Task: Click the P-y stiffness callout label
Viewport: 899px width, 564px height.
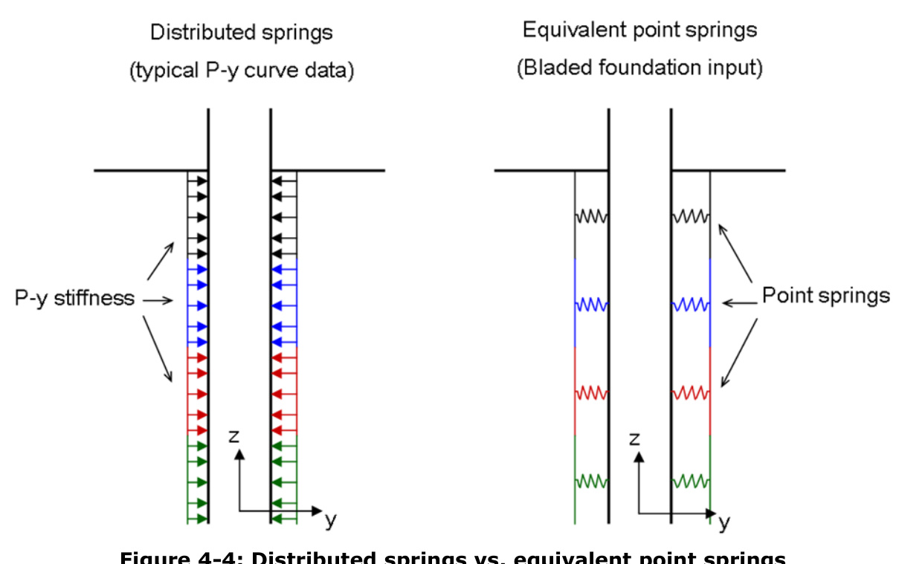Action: click(x=74, y=299)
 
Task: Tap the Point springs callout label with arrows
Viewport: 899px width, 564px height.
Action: click(x=825, y=296)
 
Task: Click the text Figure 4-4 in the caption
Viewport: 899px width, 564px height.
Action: click(x=178, y=557)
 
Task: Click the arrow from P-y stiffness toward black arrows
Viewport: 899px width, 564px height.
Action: click(x=162, y=260)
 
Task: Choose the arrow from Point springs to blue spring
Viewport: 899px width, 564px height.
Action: click(x=739, y=302)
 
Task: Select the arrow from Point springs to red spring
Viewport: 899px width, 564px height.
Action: click(x=738, y=353)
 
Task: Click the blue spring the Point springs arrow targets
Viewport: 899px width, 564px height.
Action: click(x=692, y=305)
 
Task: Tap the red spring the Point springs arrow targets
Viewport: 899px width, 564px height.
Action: click(x=692, y=392)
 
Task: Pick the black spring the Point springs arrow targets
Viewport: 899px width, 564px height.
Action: click(x=692, y=217)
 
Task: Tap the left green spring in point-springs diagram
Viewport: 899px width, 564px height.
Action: click(x=592, y=481)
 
